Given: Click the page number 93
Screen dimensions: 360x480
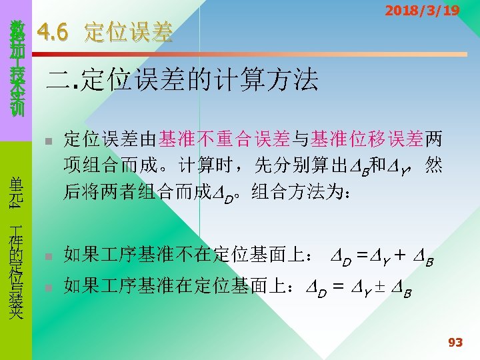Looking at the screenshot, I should [455, 343].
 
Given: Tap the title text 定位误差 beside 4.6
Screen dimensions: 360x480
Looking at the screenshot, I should [129, 32].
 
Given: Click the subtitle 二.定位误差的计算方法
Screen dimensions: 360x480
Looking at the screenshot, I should [180, 81].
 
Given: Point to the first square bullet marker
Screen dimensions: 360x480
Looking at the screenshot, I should [47, 141].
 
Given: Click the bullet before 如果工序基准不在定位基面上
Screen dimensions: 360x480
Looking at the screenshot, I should [47, 256].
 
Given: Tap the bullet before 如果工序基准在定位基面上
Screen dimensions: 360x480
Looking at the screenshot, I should [47, 287].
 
